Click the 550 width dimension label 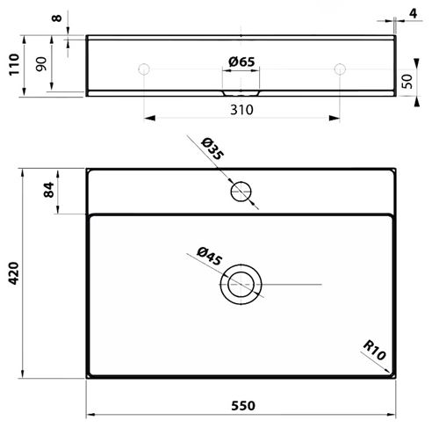pyautogui.click(x=243, y=406)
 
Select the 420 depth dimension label pyautogui.click(x=13, y=273)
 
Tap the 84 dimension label pyautogui.click(x=49, y=190)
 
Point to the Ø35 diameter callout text pyautogui.click(x=212, y=149)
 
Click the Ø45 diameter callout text pyautogui.click(x=209, y=257)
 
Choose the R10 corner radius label pyautogui.click(x=375, y=350)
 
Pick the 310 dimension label pyautogui.click(x=241, y=110)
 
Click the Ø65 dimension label pyautogui.click(x=241, y=62)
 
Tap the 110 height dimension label pyautogui.click(x=14, y=64)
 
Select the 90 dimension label pyautogui.click(x=41, y=64)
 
